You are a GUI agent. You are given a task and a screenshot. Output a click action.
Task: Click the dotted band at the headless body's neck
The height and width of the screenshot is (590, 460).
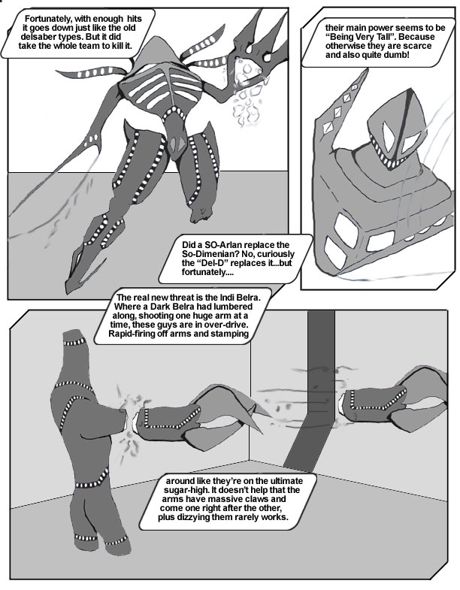75,343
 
